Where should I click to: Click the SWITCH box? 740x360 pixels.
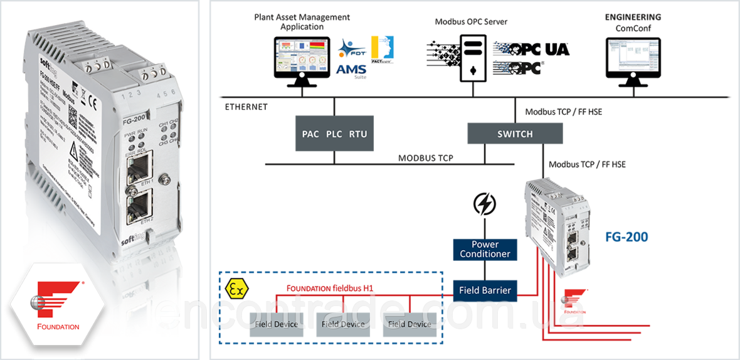tap(515, 134)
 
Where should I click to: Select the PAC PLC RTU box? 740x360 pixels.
tap(334, 134)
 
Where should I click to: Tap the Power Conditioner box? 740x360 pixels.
tap(485, 249)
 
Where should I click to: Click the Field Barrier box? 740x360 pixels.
tap(485, 290)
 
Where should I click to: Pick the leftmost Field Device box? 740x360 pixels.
tap(277, 324)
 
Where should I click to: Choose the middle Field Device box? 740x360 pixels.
tap(343, 324)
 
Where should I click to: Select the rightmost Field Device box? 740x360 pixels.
tap(410, 324)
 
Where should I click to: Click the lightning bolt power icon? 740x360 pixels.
tap(485, 204)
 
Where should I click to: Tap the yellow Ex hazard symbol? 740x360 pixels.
tap(235, 290)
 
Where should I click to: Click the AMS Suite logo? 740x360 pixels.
tap(351, 60)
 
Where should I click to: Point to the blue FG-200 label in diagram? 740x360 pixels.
tap(626, 237)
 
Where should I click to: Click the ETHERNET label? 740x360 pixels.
tap(246, 107)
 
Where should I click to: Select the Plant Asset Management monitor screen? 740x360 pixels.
tap(301, 56)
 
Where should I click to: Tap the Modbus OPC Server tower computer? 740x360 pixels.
tap(471, 56)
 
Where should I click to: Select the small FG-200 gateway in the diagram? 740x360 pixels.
tap(556, 225)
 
